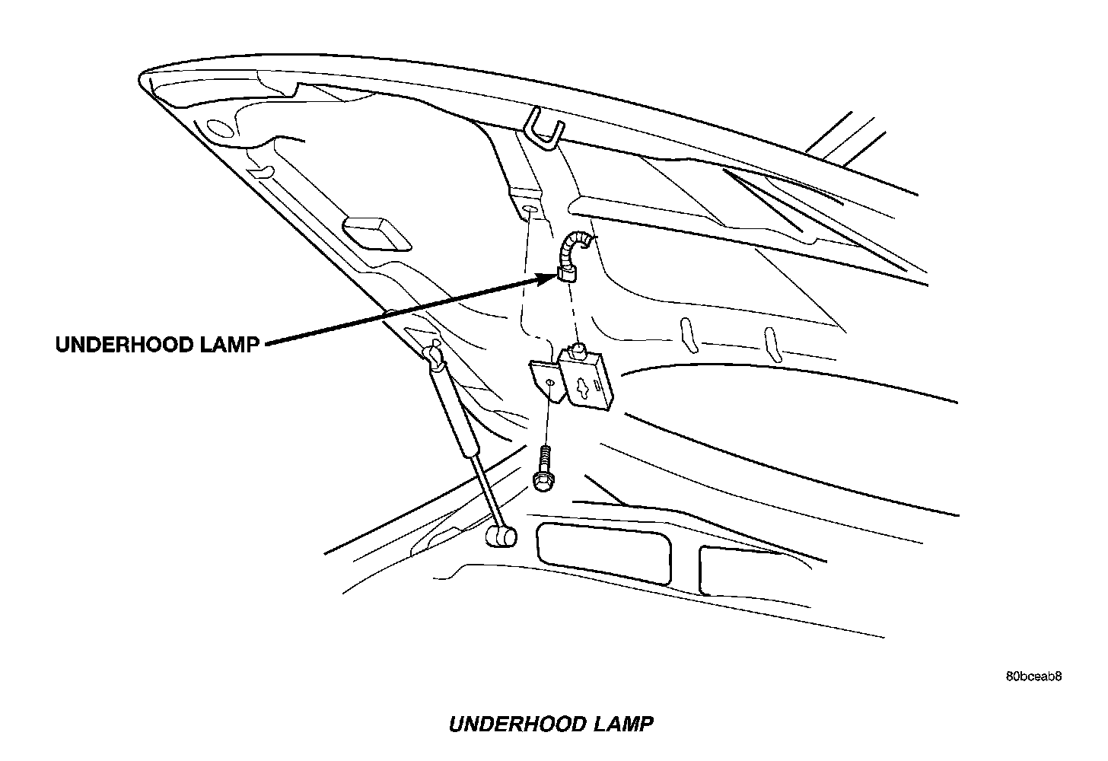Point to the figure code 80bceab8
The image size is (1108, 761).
(x=1033, y=676)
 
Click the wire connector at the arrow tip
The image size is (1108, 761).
(x=567, y=271)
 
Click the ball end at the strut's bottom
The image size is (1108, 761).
(x=501, y=537)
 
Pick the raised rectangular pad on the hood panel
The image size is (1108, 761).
(x=377, y=234)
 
